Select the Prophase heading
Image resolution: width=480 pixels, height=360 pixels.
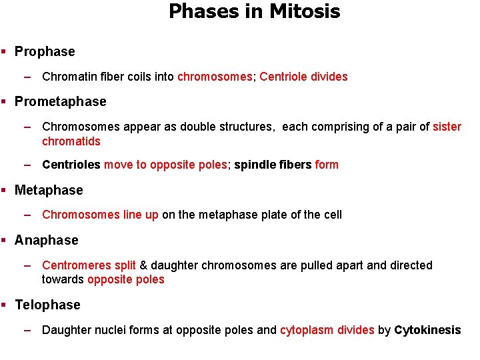point(45,51)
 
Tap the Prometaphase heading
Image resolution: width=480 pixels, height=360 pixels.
point(60,101)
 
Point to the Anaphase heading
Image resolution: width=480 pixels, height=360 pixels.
point(46,240)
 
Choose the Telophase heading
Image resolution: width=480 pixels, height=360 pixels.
point(47,305)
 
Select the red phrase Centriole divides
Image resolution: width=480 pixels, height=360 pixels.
point(303,77)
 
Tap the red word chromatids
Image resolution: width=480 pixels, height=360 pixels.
point(71,141)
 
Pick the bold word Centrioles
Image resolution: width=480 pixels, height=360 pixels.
point(71,165)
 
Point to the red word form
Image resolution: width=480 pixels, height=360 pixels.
point(327,165)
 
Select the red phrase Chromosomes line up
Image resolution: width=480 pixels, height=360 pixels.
point(100,215)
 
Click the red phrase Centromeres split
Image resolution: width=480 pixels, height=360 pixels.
point(89,265)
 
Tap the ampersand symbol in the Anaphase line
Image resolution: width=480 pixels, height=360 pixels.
point(143,265)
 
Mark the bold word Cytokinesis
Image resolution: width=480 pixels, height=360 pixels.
point(427,330)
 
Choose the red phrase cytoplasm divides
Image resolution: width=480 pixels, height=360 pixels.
point(327,330)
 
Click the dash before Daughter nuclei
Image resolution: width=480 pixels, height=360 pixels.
point(27,330)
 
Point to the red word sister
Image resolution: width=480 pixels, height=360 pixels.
point(447,127)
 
